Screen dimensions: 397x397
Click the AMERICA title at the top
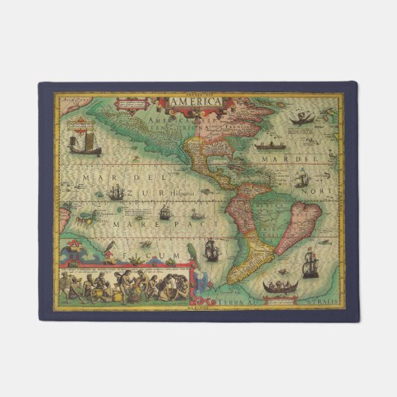[x=194, y=102]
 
